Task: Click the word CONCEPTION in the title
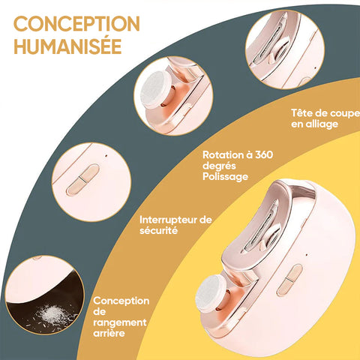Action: click(76, 24)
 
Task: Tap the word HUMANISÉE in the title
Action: click(67, 46)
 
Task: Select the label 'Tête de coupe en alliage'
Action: click(325, 118)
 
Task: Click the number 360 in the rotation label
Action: click(264, 154)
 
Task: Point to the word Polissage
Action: click(225, 177)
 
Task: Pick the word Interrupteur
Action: click(168, 220)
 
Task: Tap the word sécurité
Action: click(159, 230)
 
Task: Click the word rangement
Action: click(120, 322)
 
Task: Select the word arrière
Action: click(109, 333)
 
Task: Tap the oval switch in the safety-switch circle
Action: click(82, 179)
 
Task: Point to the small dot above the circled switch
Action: click(106, 155)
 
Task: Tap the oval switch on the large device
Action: click(289, 280)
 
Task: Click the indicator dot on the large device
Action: click(307, 255)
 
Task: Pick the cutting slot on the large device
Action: click(262, 225)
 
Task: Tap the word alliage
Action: click(322, 124)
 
